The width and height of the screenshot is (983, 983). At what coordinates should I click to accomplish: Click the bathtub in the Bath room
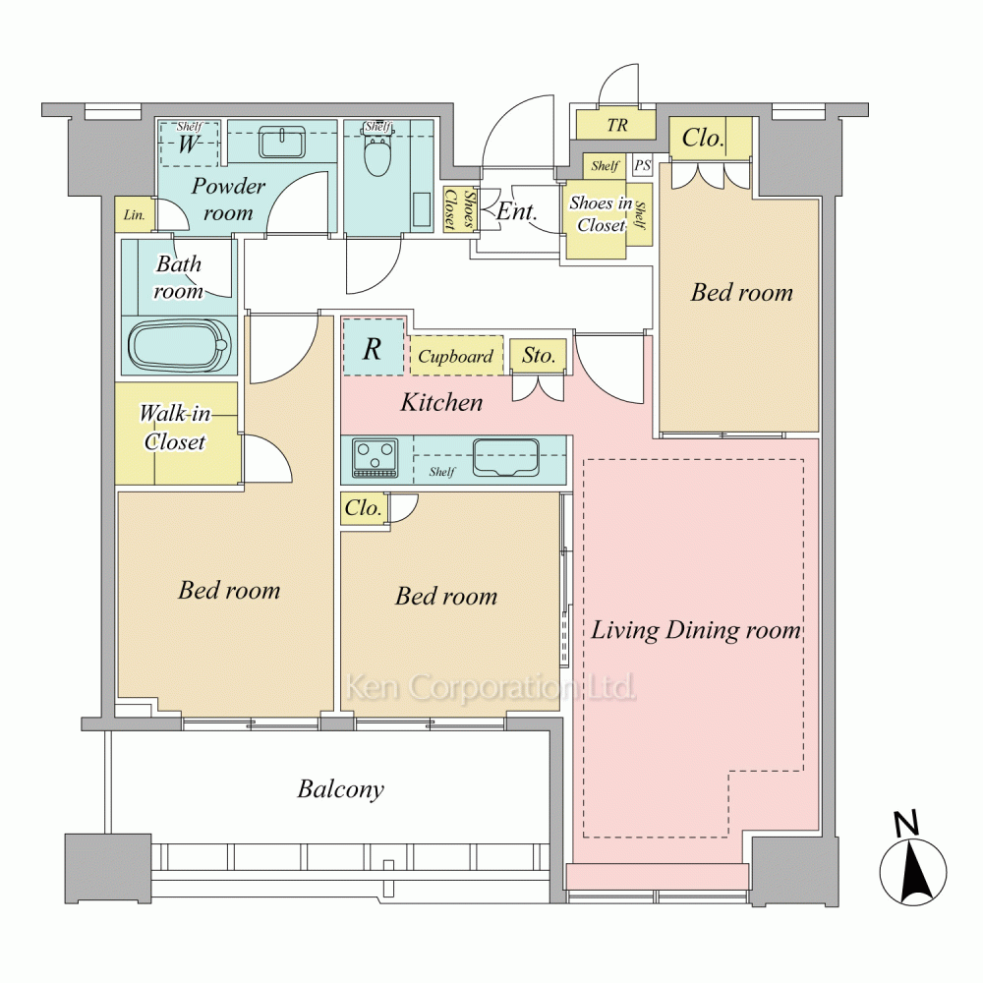pyautogui.click(x=179, y=346)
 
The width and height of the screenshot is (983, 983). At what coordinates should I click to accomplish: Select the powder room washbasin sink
pyautogui.click(x=282, y=142)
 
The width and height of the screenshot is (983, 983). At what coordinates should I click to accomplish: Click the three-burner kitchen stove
pyautogui.click(x=376, y=458)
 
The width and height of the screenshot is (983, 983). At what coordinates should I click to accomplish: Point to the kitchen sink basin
pyautogui.click(x=506, y=458)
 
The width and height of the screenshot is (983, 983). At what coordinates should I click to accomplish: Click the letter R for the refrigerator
pyautogui.click(x=373, y=349)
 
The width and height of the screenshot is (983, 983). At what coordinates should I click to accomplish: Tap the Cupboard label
pyautogui.click(x=456, y=357)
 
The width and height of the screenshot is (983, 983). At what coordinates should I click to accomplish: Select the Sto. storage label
pyautogui.click(x=539, y=356)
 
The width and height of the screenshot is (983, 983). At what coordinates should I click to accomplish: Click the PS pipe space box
pyautogui.click(x=643, y=165)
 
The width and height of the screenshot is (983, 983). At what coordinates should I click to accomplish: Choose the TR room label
pyautogui.click(x=617, y=126)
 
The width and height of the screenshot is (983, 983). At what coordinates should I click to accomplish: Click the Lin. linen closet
pyautogui.click(x=135, y=215)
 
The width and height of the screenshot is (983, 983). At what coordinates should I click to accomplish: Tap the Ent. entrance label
pyautogui.click(x=517, y=212)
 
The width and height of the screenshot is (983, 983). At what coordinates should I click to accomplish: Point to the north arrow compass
pyautogui.click(x=913, y=872)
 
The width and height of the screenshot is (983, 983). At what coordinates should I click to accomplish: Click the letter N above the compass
pyautogui.click(x=906, y=823)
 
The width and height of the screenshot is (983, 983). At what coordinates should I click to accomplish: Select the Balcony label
pyautogui.click(x=340, y=789)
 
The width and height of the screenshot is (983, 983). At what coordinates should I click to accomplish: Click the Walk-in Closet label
pyautogui.click(x=175, y=428)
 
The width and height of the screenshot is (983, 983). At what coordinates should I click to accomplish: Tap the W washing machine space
pyautogui.click(x=189, y=144)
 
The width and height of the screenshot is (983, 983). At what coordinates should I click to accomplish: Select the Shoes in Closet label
pyautogui.click(x=601, y=213)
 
